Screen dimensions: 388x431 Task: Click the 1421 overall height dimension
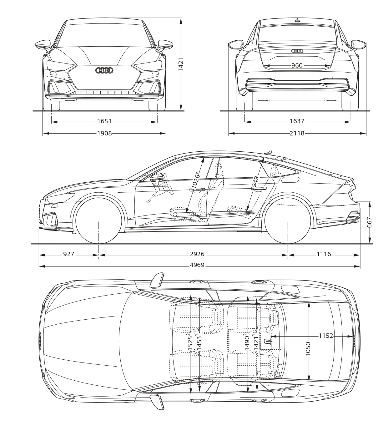point(181,64)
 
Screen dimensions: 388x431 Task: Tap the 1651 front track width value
point(105,121)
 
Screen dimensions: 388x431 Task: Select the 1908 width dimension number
point(105,134)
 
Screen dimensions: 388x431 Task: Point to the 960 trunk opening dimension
point(297,65)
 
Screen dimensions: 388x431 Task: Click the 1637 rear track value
point(297,121)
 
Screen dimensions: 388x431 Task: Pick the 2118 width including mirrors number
point(297,134)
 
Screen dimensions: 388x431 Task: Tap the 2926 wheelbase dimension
point(197,254)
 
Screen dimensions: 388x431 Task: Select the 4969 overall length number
point(197,265)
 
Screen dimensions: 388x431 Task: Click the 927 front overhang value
point(68,254)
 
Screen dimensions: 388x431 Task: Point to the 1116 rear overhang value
point(324,254)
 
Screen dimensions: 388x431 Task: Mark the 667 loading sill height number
point(370,222)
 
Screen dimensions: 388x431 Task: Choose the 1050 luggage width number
point(308,349)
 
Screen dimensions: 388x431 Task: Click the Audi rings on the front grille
point(104,70)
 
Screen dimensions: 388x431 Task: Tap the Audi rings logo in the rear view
point(297,51)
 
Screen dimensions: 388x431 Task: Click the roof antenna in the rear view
point(297,20)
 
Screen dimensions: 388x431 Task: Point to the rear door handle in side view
point(259,189)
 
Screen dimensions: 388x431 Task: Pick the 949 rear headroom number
point(255,182)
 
